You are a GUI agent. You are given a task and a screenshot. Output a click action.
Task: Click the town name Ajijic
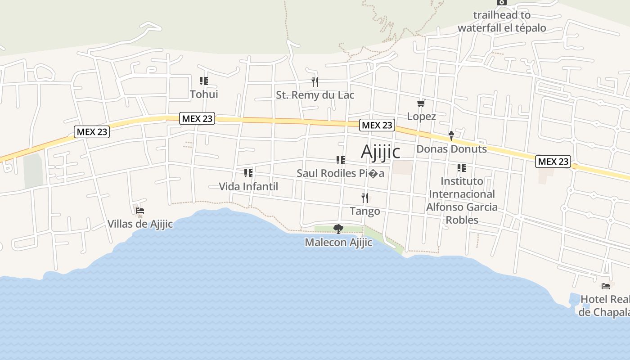[x=380, y=152]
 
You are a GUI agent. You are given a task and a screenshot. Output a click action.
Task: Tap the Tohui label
[x=204, y=94]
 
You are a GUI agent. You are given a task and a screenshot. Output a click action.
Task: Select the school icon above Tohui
[x=204, y=81]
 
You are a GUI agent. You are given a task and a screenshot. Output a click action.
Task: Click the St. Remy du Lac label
[x=315, y=95]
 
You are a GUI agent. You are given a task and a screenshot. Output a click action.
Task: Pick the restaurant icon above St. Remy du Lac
[x=315, y=81]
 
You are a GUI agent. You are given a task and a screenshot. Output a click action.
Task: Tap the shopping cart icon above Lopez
[x=421, y=103]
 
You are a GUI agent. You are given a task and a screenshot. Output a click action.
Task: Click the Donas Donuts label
[x=451, y=149]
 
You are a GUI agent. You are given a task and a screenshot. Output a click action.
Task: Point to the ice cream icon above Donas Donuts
[x=451, y=136]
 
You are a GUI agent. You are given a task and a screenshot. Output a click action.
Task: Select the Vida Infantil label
[x=248, y=186]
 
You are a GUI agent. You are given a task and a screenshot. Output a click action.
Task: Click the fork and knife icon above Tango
[x=365, y=198]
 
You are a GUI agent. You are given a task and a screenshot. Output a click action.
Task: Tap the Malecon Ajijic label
[x=338, y=243]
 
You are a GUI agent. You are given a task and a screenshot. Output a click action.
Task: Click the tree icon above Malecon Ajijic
[x=338, y=229]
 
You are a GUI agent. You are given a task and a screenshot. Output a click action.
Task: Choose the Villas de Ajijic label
[x=140, y=224]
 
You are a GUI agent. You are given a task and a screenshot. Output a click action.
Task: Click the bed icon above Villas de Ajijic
[x=140, y=210]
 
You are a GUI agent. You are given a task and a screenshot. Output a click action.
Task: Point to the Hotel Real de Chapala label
[x=604, y=306]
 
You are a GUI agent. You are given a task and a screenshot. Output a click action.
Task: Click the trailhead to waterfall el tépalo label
[x=502, y=21]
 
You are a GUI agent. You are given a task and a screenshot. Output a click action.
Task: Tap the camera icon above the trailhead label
[x=502, y=2]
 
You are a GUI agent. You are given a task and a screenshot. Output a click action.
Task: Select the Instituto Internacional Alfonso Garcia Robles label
[x=462, y=200]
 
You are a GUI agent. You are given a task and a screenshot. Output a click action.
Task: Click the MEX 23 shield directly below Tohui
[x=197, y=119]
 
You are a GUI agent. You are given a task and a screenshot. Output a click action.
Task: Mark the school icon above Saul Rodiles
[x=341, y=160]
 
